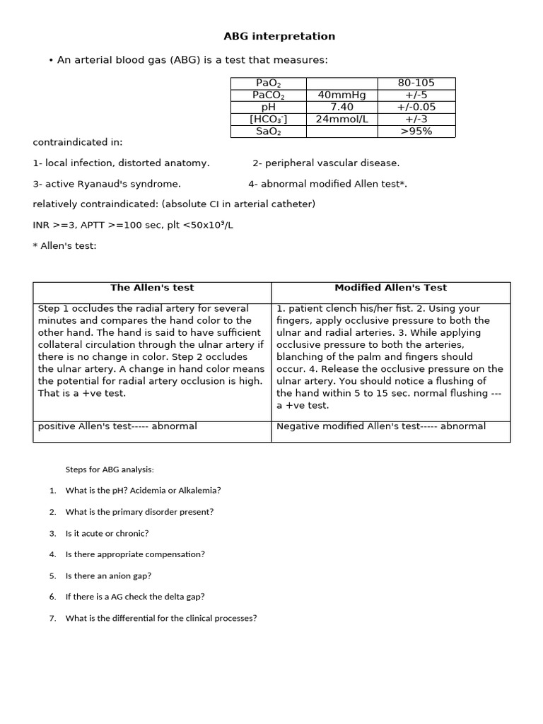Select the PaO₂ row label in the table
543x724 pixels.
pyautogui.click(x=268, y=83)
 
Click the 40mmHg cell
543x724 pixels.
pyautogui.click(x=342, y=95)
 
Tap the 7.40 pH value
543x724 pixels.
pyautogui.click(x=342, y=107)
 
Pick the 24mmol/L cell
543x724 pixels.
pyautogui.click(x=342, y=119)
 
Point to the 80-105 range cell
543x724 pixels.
pyautogui.click(x=416, y=83)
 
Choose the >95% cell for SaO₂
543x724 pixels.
pyautogui.click(x=416, y=132)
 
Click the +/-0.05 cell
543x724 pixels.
pyautogui.click(x=416, y=107)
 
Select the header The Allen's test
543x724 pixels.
pyautogui.click(x=152, y=288)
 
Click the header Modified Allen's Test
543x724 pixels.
pyautogui.click(x=390, y=288)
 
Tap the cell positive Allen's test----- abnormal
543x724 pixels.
pyautogui.click(x=117, y=426)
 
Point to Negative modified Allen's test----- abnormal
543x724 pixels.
pyautogui.click(x=381, y=426)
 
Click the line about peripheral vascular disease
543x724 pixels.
pyautogui.click(x=326, y=163)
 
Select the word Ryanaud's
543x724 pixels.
pyautogui.click(x=110, y=184)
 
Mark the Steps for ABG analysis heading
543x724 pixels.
pyautogui.click(x=110, y=469)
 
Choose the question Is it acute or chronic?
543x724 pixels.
pyautogui.click(x=107, y=533)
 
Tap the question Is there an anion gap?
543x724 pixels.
pyautogui.click(x=108, y=576)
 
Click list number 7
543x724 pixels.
pyautogui.click(x=53, y=618)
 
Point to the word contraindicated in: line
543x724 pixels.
pyautogui.click(x=78, y=142)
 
